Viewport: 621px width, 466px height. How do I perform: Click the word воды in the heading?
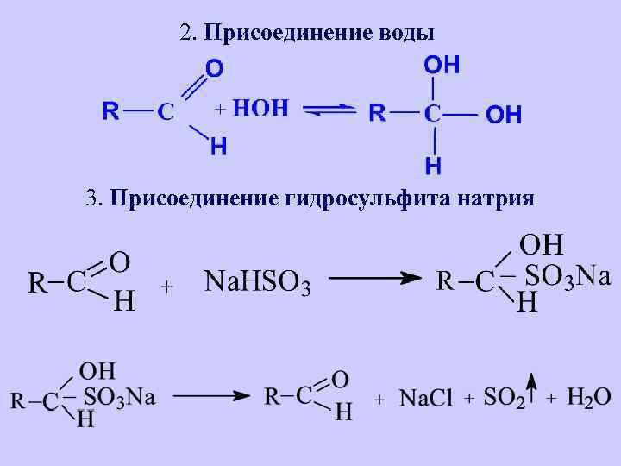405,34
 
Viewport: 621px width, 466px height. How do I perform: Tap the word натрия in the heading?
494,199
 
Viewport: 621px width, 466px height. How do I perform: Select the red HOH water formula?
260,109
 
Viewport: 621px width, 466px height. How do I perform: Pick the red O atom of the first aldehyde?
213,67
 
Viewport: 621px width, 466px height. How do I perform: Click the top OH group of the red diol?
440,65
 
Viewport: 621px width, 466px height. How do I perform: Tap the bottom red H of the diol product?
434,164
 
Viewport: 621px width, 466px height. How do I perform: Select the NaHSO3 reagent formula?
257,281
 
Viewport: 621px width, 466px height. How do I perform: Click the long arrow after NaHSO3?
376,278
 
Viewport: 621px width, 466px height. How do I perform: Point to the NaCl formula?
426,398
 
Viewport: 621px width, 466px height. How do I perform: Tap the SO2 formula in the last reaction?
504,398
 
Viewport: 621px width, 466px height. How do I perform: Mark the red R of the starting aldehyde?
110,111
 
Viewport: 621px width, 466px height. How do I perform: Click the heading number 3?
91,199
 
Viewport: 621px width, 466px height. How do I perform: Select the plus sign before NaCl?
379,400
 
